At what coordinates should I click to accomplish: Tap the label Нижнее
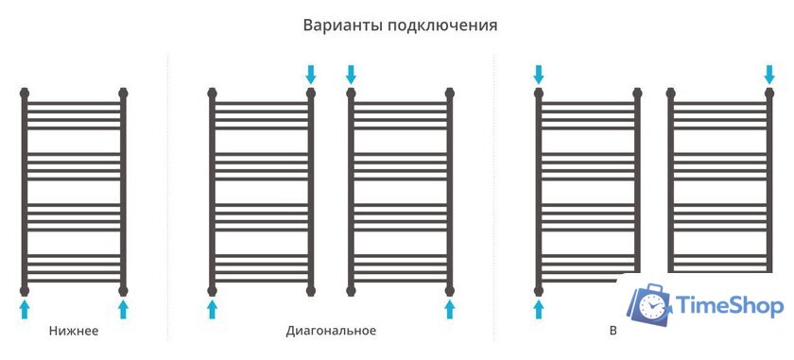74,331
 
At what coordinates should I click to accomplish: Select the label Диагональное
331,331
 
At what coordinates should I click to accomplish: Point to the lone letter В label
613,331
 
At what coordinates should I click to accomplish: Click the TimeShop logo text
729,305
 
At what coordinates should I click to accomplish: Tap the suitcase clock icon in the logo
649,302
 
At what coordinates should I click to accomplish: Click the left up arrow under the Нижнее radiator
25,309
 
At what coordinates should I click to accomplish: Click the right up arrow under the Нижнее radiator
123,309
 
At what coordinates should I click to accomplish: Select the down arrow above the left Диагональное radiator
311,73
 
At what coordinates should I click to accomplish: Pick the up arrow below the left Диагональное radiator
212,309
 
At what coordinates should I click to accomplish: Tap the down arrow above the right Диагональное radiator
351,73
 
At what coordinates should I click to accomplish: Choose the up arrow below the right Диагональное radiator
450,309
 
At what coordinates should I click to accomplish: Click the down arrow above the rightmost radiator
770,73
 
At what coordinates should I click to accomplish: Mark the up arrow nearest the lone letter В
539,309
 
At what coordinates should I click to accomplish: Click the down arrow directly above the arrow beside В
539,73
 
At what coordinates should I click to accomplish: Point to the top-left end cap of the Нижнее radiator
25,94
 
